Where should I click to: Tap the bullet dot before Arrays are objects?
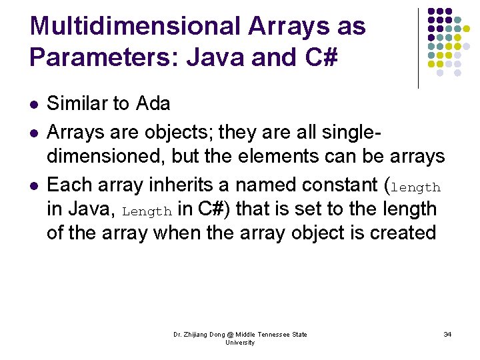34,132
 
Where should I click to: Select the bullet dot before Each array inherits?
34,184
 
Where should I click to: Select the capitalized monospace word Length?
147,212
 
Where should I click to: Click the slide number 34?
447,334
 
